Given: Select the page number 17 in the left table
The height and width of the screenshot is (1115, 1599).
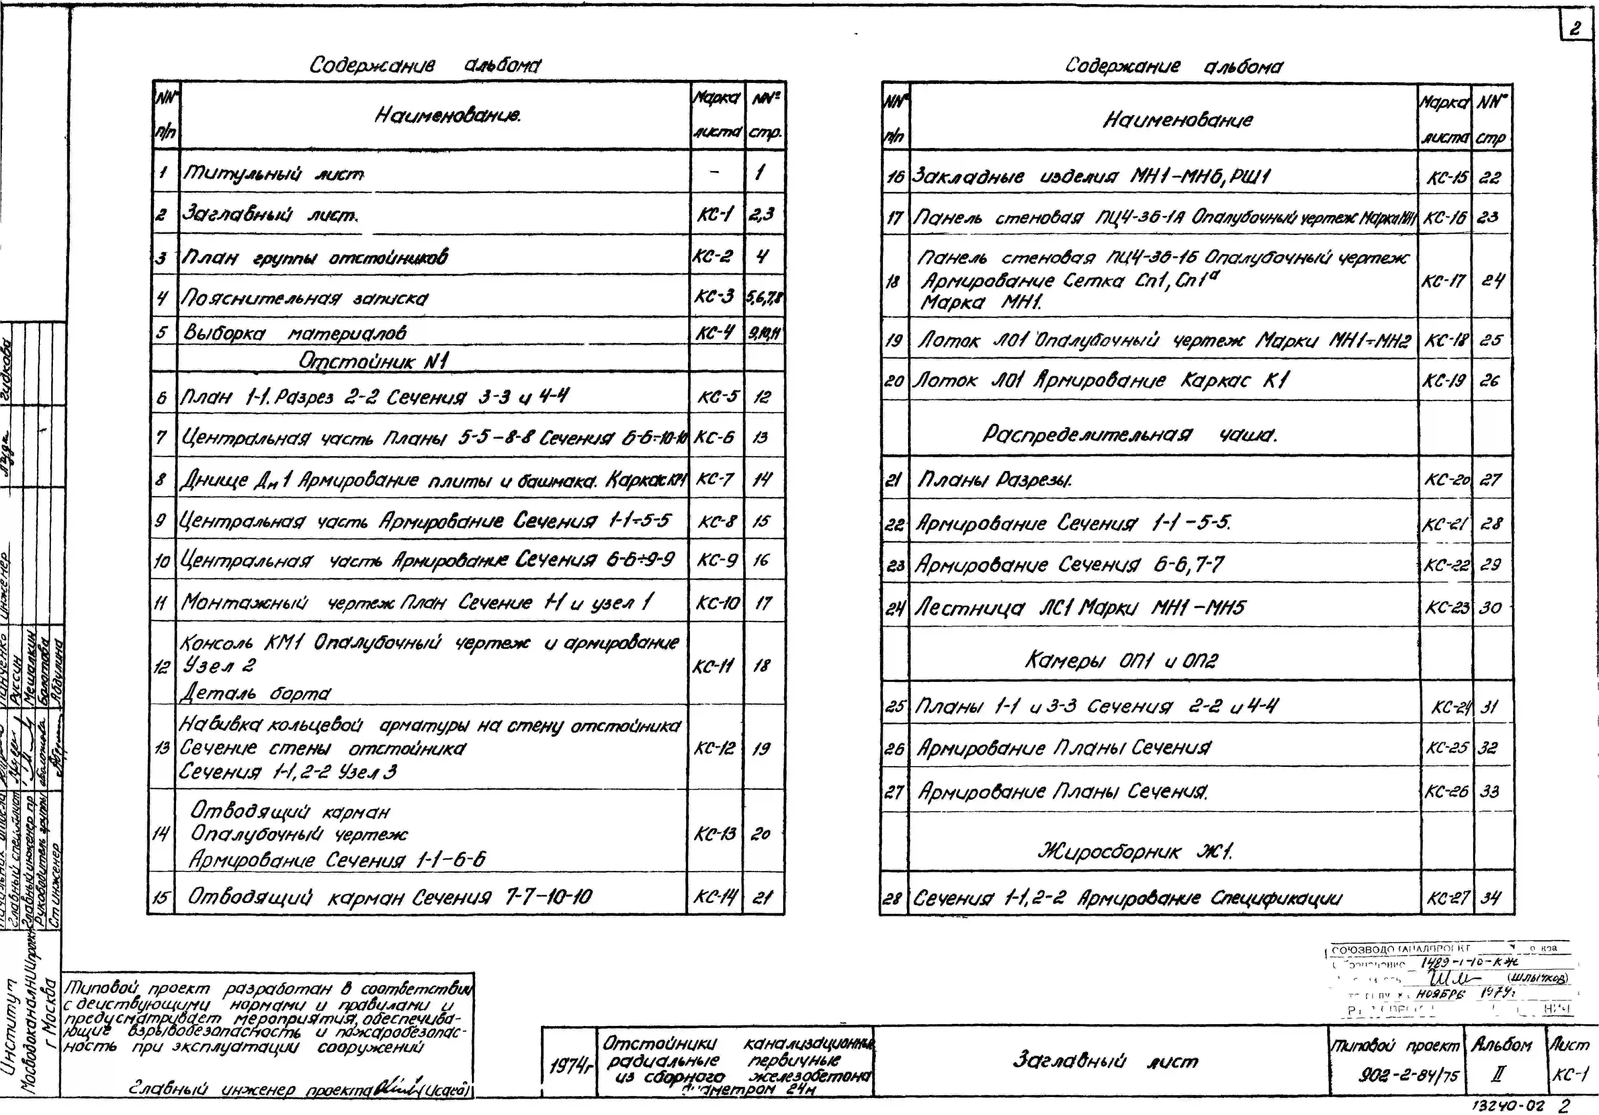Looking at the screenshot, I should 763,602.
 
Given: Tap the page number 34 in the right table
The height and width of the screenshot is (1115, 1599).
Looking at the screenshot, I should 1490,898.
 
